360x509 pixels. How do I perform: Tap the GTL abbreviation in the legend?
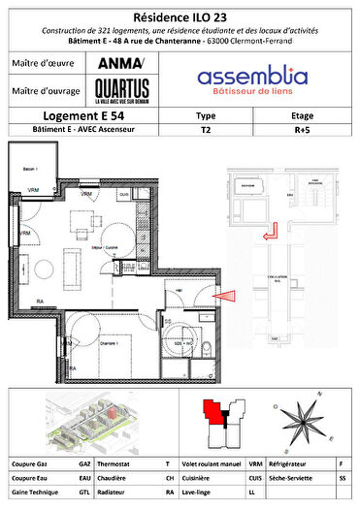point(85,493)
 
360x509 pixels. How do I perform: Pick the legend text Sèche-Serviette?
point(290,478)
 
